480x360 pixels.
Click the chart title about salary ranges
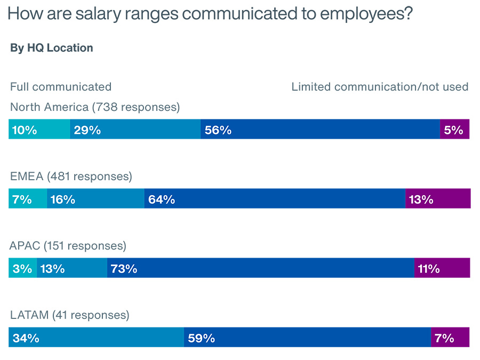tap(210, 13)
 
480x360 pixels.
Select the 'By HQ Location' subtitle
tap(52, 48)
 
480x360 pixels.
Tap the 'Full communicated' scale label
tap(61, 86)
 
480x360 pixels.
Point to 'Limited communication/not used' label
tap(380, 86)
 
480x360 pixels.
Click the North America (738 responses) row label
tap(95, 107)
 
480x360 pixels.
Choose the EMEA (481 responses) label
tap(71, 177)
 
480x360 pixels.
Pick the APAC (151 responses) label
tap(68, 246)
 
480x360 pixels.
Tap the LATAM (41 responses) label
tap(70, 315)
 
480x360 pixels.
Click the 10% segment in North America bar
tap(39, 130)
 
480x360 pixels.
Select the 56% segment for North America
tap(320, 130)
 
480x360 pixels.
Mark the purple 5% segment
tap(455, 130)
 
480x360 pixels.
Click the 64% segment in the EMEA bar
tap(275, 199)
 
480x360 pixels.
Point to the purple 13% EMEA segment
tap(438, 199)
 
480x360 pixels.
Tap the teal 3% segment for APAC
tap(22, 268)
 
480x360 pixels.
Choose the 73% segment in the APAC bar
tap(261, 268)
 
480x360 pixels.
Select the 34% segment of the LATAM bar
tap(96, 338)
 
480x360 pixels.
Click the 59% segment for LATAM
tap(307, 338)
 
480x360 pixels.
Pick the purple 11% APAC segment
tap(442, 268)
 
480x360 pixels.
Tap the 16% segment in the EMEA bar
tap(95, 199)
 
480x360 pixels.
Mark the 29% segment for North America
tap(135, 130)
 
